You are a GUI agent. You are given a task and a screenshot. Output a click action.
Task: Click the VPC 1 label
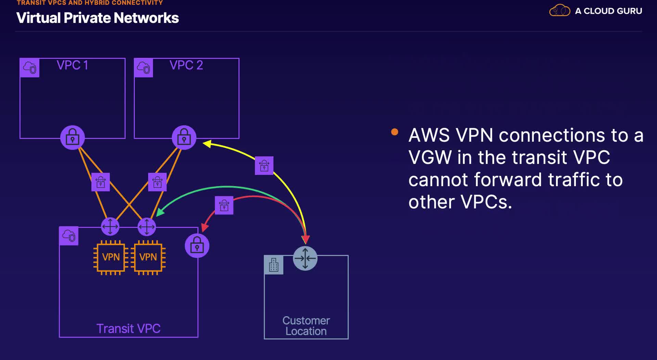(x=72, y=65)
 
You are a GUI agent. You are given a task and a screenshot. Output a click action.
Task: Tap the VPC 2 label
(x=186, y=65)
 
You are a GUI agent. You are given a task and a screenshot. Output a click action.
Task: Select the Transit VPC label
(x=128, y=329)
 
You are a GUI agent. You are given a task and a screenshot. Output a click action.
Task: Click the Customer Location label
(x=306, y=326)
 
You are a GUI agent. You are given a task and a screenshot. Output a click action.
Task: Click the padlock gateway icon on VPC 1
(x=73, y=138)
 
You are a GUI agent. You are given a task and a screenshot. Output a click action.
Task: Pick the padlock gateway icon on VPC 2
(x=184, y=138)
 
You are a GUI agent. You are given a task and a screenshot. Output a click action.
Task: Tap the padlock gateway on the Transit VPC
(x=197, y=246)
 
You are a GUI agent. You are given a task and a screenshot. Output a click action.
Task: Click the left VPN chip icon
(x=111, y=257)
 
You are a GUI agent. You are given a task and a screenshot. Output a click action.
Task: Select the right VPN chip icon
(x=148, y=257)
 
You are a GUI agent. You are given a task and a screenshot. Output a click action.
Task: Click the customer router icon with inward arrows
(x=305, y=258)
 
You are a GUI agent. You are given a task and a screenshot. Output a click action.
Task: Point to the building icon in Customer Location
(x=274, y=265)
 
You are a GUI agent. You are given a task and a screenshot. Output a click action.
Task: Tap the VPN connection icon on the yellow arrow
(x=264, y=166)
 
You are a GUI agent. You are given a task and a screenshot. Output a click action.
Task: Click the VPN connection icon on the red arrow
(x=224, y=205)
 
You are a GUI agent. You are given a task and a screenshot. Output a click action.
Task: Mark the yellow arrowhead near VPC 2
(x=207, y=144)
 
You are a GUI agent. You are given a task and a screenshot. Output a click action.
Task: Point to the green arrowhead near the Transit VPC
(x=160, y=212)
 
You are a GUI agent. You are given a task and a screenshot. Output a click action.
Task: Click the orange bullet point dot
(x=395, y=132)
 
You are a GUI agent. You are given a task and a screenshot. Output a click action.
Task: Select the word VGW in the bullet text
(x=430, y=157)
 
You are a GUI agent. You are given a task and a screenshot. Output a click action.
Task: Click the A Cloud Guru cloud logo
(x=559, y=11)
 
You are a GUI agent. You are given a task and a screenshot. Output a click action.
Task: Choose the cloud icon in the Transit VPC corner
(x=69, y=236)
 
